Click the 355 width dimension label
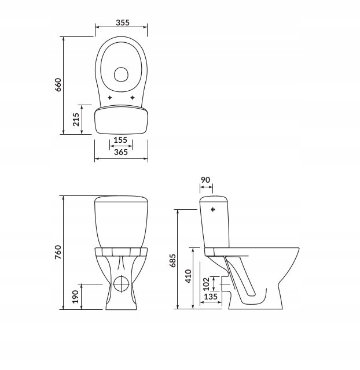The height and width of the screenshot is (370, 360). pos(123,23)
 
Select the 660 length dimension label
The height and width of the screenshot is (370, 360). pos(58,84)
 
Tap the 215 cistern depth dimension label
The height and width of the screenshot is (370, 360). pos(76,120)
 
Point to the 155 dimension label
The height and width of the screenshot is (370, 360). pos(120,140)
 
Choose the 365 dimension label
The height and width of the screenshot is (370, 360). pos(121,152)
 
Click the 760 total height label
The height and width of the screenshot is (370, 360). pos(58,252)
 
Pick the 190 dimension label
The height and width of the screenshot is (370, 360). pos(75,297)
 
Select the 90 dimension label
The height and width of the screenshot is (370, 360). pos(205,180)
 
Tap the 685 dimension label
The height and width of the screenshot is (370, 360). pos(172,261)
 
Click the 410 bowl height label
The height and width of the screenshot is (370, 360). pos(188,276)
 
